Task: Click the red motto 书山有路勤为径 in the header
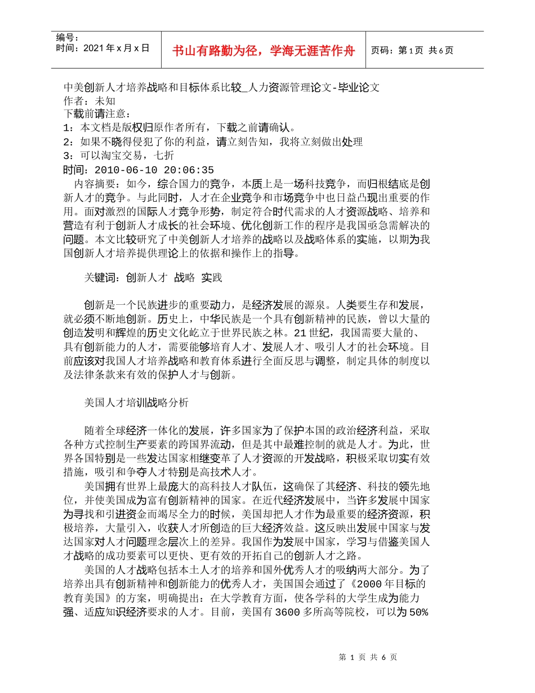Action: tap(264, 51)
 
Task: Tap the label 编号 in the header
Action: tap(67, 38)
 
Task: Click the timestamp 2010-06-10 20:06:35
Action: tap(154, 170)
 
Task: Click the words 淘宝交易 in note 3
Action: tap(124, 156)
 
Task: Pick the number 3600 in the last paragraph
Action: tap(288, 612)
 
